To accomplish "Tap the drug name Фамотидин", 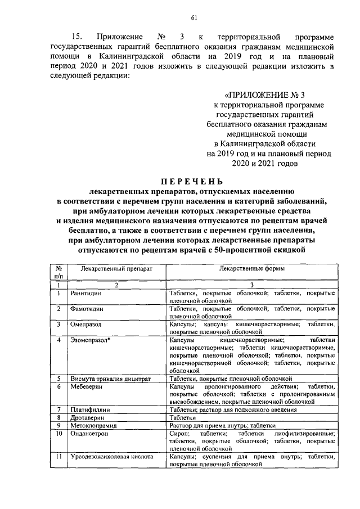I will coord(85,309).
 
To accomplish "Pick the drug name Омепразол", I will coord(85,325).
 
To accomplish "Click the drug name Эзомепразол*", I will coord(90,340).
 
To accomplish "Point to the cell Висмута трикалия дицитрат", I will coord(111,379).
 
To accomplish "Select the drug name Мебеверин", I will coord(85,387).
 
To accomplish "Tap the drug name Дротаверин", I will coord(86,418).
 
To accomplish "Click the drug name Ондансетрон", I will coord(89,434).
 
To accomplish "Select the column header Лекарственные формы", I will coord(251,269).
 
